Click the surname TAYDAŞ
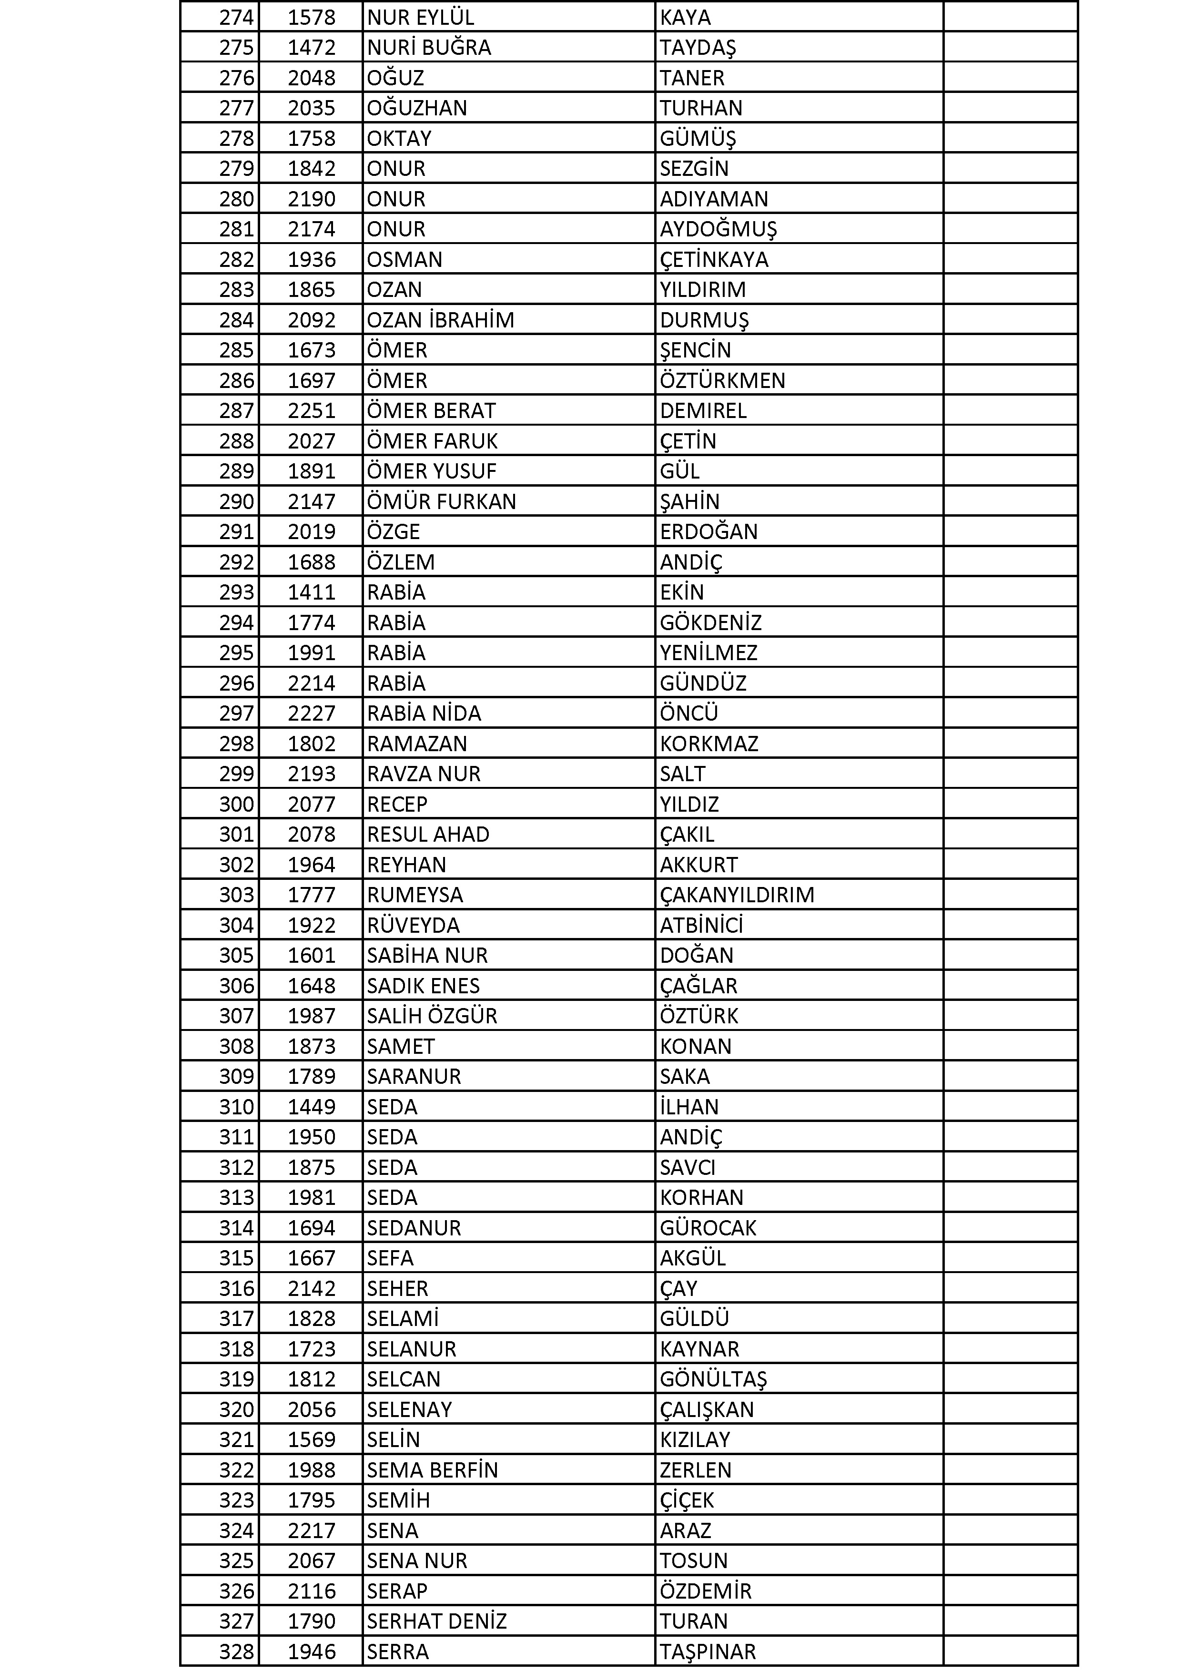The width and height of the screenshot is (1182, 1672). click(697, 47)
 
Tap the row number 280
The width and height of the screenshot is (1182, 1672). click(237, 199)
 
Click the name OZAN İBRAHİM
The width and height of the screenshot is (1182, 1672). click(440, 320)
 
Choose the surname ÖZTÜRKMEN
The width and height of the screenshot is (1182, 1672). click(722, 380)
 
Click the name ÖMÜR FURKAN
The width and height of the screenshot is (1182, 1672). click(441, 502)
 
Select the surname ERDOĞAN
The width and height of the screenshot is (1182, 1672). click(708, 531)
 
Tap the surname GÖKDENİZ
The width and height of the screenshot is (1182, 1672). click(710, 622)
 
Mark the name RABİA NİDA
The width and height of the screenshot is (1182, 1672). click(424, 713)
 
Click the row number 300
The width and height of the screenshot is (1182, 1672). click(237, 804)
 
